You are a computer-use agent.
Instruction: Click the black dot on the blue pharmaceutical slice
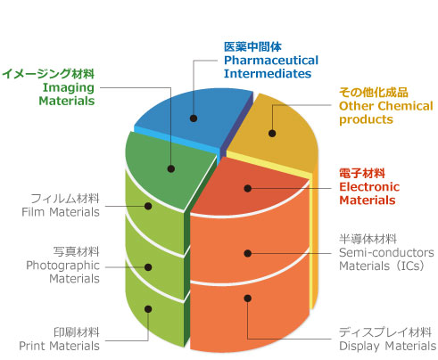pyautogui.click(x=194, y=119)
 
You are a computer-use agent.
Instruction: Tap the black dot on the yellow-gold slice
pyautogui.click(x=272, y=134)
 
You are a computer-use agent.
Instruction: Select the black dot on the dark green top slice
pyautogui.click(x=171, y=168)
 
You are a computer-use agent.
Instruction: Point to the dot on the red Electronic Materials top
pyautogui.click(x=248, y=188)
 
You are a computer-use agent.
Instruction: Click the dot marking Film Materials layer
pyautogui.click(x=148, y=206)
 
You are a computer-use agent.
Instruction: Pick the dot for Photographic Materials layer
pyautogui.click(x=148, y=267)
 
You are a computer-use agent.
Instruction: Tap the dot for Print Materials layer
pyautogui.click(x=148, y=309)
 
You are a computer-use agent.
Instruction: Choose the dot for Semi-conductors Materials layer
pyautogui.click(x=248, y=253)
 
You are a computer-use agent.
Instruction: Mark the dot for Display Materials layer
pyautogui.click(x=248, y=298)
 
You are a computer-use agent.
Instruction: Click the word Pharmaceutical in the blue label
pyautogui.click(x=271, y=61)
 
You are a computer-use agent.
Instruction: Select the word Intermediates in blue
pyautogui.click(x=268, y=73)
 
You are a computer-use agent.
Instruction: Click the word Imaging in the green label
pyautogui.click(x=69, y=88)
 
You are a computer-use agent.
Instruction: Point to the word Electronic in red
pyautogui.click(x=369, y=187)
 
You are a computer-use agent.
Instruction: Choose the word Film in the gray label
pyautogui.click(x=33, y=212)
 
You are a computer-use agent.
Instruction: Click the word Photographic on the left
pyautogui.click(x=62, y=266)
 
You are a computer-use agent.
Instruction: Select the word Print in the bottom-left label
pyautogui.click(x=32, y=346)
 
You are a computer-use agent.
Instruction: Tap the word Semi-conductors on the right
pyautogui.click(x=386, y=252)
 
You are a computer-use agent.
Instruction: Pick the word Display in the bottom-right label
pyautogui.click(x=359, y=347)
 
